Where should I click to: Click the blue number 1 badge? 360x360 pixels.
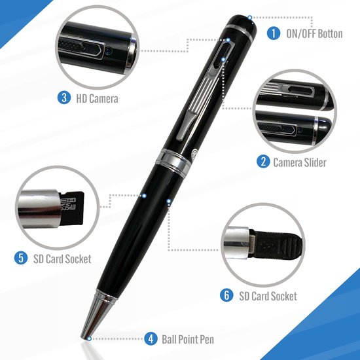click(273, 32)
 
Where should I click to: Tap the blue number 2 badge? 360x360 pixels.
click(263, 161)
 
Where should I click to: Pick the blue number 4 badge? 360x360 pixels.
click(151, 338)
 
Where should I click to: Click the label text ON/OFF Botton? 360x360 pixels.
click(314, 33)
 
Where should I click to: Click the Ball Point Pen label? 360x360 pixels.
click(189, 339)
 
